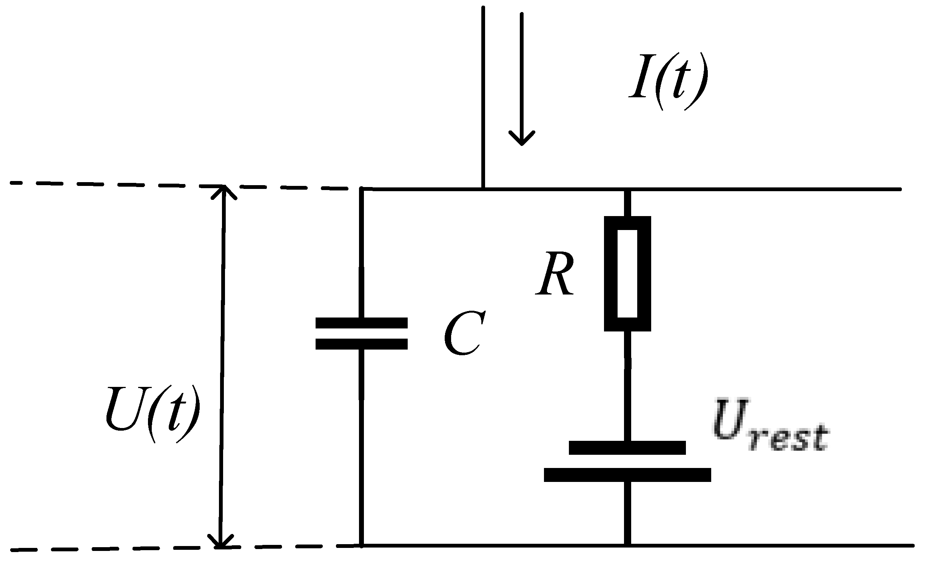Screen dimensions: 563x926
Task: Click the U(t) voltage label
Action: [x=153, y=414]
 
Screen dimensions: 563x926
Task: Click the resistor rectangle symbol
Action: [x=627, y=273]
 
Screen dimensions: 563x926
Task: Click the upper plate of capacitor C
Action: [x=361, y=323]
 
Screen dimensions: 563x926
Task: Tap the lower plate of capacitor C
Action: [x=361, y=344]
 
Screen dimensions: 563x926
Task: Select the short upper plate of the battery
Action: [x=627, y=448]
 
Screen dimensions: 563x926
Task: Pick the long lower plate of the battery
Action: [x=627, y=475]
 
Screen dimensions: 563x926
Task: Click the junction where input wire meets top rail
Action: [x=483, y=189]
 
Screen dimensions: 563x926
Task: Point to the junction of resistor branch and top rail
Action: [x=627, y=189]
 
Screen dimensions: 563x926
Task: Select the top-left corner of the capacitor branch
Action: [x=362, y=189]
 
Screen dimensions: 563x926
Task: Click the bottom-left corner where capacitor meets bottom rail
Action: [x=362, y=545]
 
